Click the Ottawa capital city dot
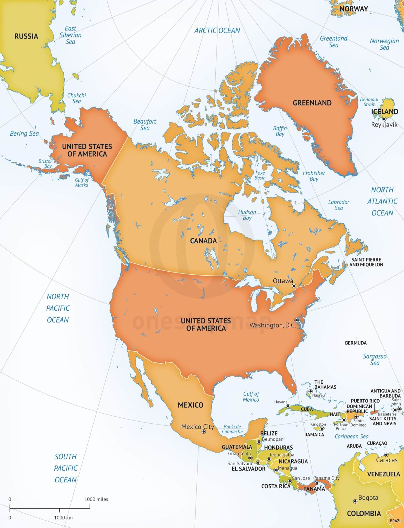(293, 286)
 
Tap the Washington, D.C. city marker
(297, 320)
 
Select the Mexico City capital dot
(204, 431)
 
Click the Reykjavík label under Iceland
(384, 125)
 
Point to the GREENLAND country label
(312, 103)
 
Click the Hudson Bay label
(247, 215)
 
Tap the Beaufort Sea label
(145, 125)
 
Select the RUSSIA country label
(26, 36)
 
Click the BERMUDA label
(356, 343)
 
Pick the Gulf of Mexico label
(251, 397)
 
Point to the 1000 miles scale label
(96, 499)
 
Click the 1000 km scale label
(63, 517)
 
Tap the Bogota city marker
(355, 501)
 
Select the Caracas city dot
(386, 455)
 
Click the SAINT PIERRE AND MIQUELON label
(366, 262)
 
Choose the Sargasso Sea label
(375, 359)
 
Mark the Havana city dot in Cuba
(288, 406)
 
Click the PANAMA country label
(314, 489)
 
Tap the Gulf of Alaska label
(82, 183)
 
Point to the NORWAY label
(353, 9)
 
